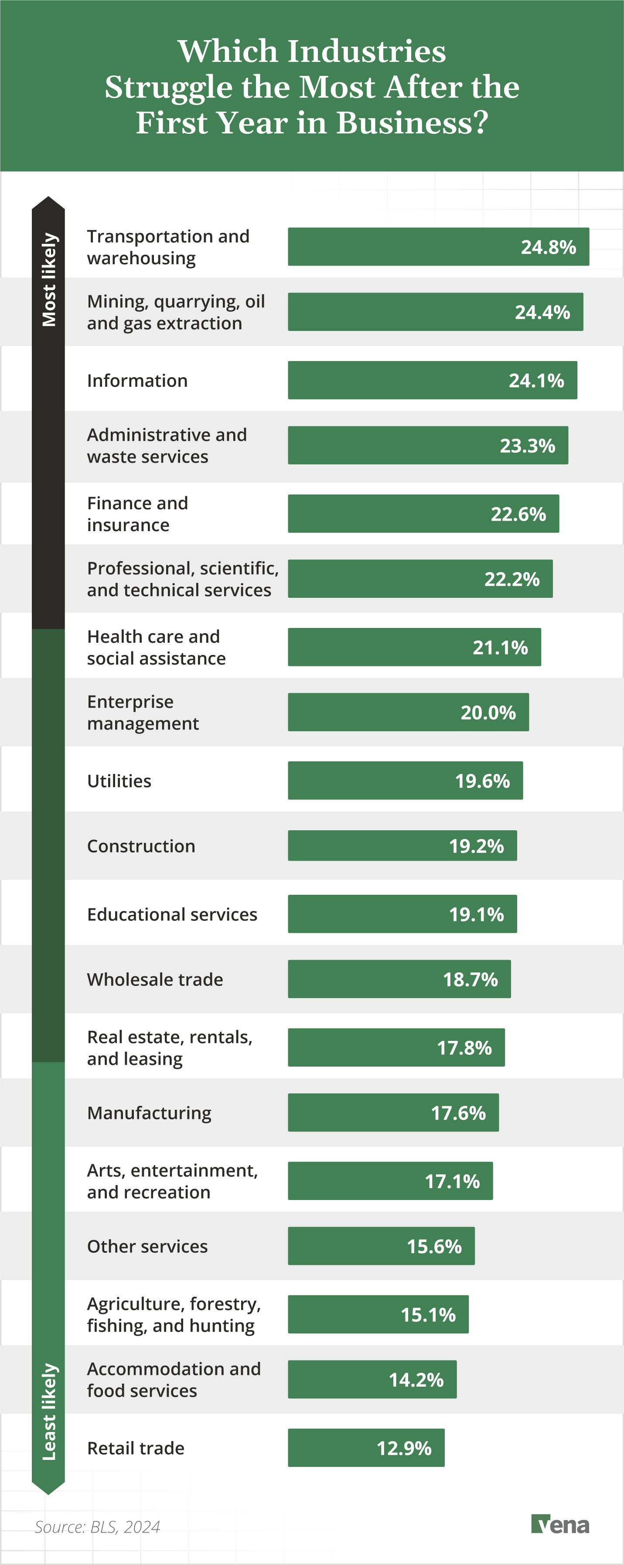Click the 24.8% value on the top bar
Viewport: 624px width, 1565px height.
tap(548, 247)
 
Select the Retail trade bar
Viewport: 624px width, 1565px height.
tap(366, 1448)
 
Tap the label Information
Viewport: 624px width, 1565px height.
tap(137, 381)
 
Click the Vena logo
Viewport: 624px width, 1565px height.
tap(559, 1524)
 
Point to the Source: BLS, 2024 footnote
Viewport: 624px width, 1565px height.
tap(97, 1527)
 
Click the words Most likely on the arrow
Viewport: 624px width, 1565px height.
tap(48, 280)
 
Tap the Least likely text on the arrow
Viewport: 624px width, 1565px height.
tap(48, 1412)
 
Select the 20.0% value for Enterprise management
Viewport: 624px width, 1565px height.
tap(488, 713)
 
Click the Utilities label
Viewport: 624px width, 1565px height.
tap(119, 781)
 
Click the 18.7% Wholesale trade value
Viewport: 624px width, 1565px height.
tap(470, 979)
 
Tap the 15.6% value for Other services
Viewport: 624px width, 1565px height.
tap(434, 1247)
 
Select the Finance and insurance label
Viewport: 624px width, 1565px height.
tap(137, 514)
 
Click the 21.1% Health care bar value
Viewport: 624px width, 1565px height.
tap(500, 648)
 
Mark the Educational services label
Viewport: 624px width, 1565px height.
tap(172, 914)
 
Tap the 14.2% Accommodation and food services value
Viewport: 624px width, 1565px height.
tap(416, 1380)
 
